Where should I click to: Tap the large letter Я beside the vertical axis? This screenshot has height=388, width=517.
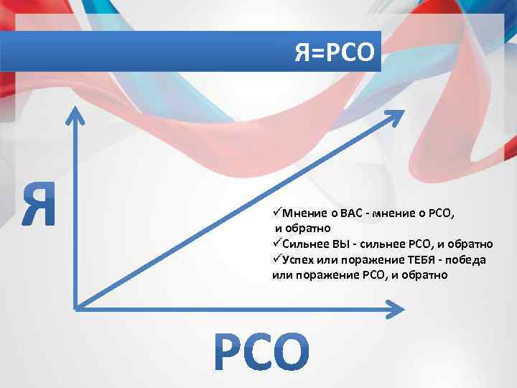pyautogui.click(x=39, y=204)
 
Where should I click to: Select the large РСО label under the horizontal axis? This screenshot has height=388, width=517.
pyautogui.click(x=263, y=351)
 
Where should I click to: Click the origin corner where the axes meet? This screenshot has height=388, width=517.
pyautogui.click(x=75, y=308)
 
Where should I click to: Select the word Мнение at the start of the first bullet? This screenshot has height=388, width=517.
pyautogui.click(x=304, y=213)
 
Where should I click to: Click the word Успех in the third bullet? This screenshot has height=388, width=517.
pyautogui.click(x=302, y=259)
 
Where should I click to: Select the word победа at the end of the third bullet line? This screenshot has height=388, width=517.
pyautogui.click(x=467, y=259)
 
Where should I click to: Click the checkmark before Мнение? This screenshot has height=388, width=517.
pyautogui.click(x=277, y=213)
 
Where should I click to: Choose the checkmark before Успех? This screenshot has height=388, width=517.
pyautogui.click(x=277, y=259)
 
